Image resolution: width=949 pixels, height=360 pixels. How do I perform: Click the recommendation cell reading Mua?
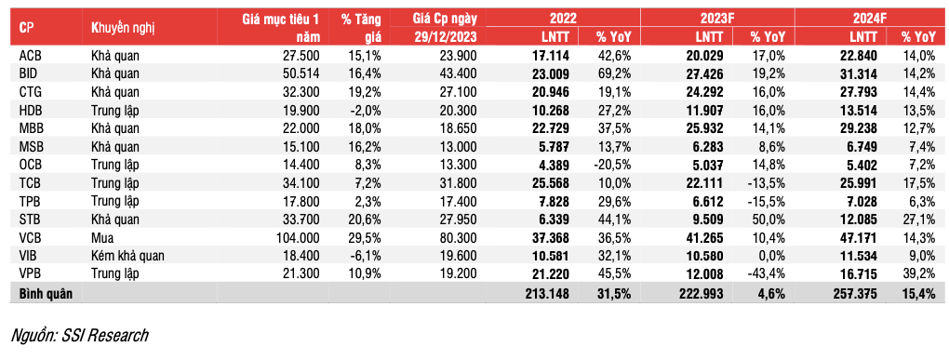click(x=103, y=237)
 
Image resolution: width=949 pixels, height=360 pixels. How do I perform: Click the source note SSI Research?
click(x=78, y=335)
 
